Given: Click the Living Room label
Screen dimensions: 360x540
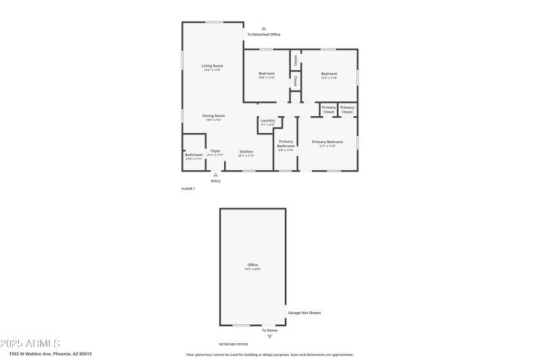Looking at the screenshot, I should [x=212, y=66].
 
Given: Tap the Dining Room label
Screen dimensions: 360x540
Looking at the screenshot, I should [x=214, y=115].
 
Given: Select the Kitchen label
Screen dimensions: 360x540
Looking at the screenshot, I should [x=246, y=151].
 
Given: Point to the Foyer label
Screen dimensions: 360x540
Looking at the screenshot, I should [x=215, y=151].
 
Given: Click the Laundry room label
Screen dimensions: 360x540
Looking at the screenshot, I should [x=268, y=120].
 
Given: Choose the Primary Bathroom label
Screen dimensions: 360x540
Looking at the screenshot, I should [x=286, y=143].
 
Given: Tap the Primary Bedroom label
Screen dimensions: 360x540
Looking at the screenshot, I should [x=327, y=142].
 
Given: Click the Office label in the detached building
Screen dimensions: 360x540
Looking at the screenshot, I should [x=252, y=264].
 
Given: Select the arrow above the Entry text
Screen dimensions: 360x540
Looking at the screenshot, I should [x=216, y=174].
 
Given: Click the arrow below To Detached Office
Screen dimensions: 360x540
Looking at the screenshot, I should [x=264, y=28].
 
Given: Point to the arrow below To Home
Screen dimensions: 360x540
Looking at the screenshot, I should [x=270, y=336].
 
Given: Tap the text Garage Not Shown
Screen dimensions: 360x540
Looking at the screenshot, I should [x=304, y=313].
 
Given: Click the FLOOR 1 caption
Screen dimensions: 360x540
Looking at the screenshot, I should [x=188, y=188].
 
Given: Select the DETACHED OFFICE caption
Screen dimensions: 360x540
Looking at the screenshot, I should [x=234, y=344].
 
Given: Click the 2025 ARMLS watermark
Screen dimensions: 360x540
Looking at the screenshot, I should [x=31, y=343].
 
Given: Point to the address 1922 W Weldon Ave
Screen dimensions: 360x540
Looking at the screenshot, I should [x=51, y=353].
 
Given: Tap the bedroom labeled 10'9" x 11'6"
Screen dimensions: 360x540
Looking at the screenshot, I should [x=267, y=74].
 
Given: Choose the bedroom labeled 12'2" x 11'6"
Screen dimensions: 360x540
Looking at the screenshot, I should [x=329, y=74].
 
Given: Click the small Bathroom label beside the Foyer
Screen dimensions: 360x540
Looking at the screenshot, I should [x=194, y=155].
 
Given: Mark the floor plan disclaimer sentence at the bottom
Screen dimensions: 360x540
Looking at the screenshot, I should [x=269, y=354].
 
